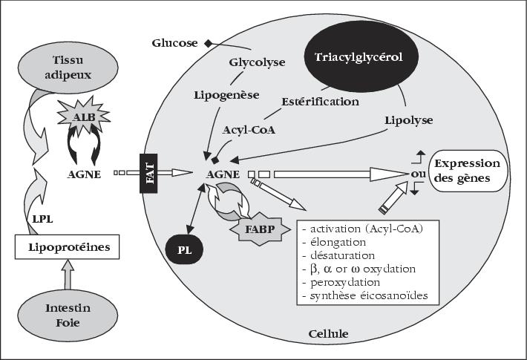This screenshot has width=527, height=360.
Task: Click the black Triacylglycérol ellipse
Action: (361, 57)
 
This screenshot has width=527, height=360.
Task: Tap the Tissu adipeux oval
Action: (68, 67)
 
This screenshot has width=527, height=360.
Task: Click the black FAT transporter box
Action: (148, 173)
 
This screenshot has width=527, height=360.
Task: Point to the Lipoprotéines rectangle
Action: (68, 247)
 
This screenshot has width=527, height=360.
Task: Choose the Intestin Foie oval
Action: (68, 315)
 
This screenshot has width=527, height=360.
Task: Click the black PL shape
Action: (184, 250)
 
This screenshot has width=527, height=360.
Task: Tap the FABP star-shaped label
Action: (260, 229)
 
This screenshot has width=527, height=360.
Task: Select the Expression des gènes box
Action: (468, 171)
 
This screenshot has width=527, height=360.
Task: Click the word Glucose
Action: (174, 43)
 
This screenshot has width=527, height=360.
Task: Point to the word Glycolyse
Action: (257, 62)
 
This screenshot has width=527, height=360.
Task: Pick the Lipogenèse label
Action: (227, 95)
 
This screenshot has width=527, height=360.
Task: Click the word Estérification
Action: (321, 102)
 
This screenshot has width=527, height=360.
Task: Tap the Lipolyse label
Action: (409, 120)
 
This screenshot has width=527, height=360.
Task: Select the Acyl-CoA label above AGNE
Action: (249, 130)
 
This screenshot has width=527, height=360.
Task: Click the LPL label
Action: (43, 220)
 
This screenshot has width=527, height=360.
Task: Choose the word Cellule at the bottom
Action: (328, 334)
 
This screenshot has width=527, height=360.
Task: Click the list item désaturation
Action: (338, 255)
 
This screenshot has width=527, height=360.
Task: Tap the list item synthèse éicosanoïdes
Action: (365, 296)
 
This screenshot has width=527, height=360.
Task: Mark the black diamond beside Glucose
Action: (209, 43)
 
